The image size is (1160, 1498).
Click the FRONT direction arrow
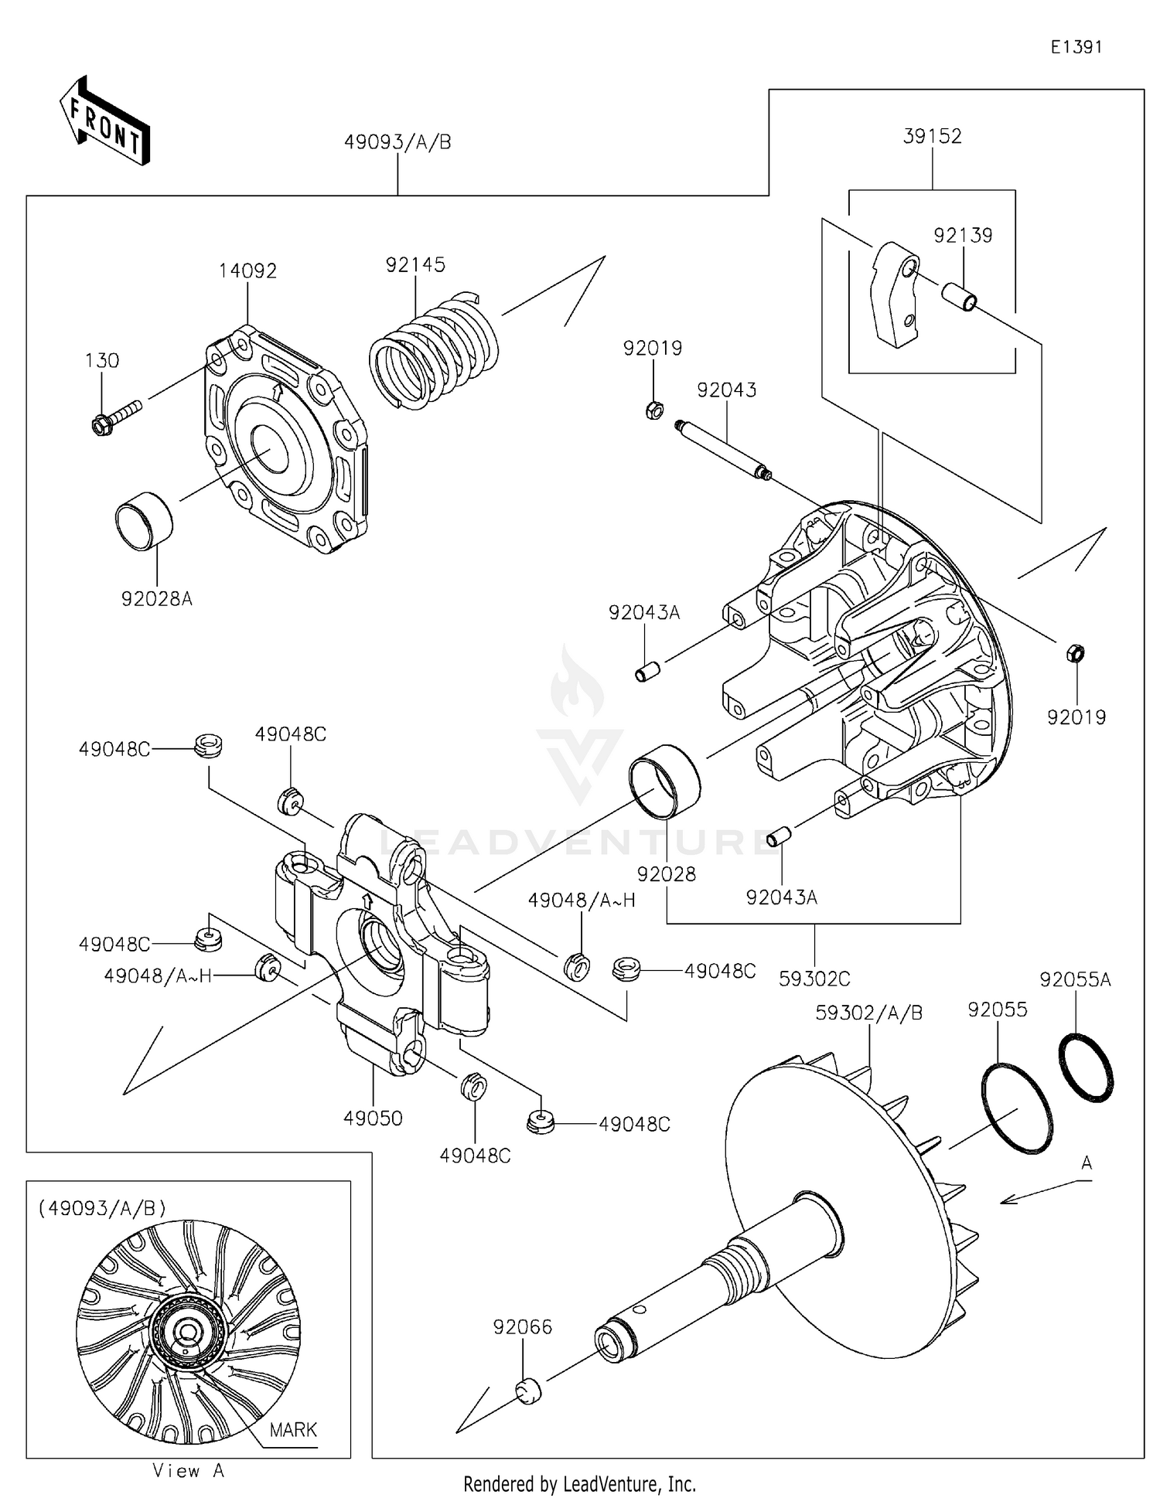click(x=105, y=122)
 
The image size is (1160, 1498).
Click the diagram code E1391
click(x=1076, y=47)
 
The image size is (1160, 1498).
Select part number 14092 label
click(x=247, y=271)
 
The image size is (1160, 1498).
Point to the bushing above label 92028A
click(x=145, y=522)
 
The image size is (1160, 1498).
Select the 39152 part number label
click(x=932, y=136)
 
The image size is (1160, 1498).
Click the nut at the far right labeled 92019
click(x=1076, y=654)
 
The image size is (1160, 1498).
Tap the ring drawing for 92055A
click(x=1086, y=1066)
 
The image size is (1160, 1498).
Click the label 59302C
click(x=814, y=979)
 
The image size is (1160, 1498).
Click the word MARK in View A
click(x=293, y=1430)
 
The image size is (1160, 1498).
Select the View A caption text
click(x=188, y=1471)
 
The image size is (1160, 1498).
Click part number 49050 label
click(x=373, y=1118)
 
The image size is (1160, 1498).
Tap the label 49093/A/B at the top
click(x=397, y=142)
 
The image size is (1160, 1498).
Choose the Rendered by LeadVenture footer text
click(x=579, y=1484)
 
